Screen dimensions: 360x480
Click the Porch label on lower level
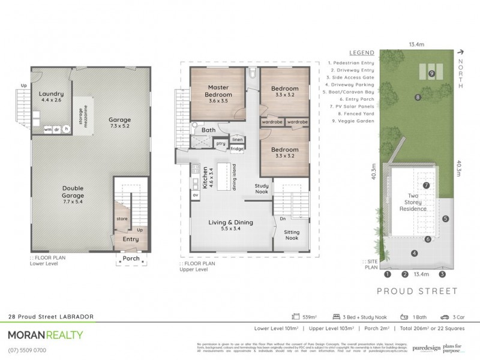[131, 259]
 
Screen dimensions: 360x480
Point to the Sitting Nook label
[292, 235]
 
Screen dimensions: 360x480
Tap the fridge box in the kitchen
[237, 148]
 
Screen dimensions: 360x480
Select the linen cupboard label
[238, 139]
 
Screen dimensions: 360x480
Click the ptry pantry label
[220, 144]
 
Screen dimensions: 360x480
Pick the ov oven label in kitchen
[196, 195]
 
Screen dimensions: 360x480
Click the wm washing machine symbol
[47, 129]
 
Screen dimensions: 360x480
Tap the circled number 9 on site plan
[431, 73]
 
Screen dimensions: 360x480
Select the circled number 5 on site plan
[445, 218]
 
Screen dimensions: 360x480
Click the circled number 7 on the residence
[426, 185]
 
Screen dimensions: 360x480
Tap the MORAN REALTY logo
[46, 335]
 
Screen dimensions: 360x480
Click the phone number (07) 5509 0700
[26, 350]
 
